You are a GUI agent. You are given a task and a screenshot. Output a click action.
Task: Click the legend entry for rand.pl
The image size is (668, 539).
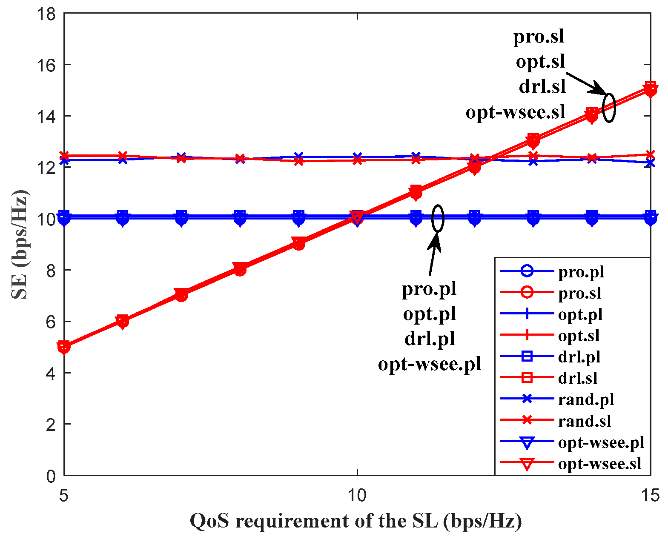pyautogui.click(x=586, y=399)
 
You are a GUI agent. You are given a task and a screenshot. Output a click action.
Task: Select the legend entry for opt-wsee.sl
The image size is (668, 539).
pyautogui.click(x=599, y=463)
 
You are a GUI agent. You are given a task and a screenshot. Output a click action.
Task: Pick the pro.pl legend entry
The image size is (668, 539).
pyautogui.click(x=581, y=272)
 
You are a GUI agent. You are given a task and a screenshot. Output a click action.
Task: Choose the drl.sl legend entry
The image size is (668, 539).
pyautogui.click(x=577, y=378)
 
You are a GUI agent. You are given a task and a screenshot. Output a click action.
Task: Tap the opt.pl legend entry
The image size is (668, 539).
pyautogui.click(x=580, y=314)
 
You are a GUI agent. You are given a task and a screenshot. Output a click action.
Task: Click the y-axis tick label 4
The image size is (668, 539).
pyautogui.click(x=51, y=373)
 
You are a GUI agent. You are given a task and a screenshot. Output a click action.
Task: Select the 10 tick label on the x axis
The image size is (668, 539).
pyautogui.click(x=357, y=495)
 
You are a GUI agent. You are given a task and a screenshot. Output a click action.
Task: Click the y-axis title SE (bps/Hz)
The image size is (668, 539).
pyautogui.click(x=20, y=245)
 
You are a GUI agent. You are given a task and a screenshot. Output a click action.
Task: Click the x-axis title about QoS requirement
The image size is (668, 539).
pyautogui.click(x=356, y=521)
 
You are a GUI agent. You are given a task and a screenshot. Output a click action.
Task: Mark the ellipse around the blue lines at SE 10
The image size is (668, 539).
pyautogui.click(x=438, y=218)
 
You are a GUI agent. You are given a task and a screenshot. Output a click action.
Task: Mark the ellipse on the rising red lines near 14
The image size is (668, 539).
pyautogui.click(x=609, y=108)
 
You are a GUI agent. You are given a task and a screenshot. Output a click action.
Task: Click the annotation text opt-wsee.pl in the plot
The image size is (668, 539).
pyautogui.click(x=429, y=364)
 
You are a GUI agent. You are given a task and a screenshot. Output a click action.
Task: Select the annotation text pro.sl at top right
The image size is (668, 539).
pyautogui.click(x=539, y=37)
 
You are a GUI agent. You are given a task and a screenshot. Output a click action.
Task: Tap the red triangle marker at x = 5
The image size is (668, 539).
pyautogui.click(x=64, y=347)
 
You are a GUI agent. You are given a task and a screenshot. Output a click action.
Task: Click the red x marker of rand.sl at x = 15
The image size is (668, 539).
pyautogui.click(x=650, y=154)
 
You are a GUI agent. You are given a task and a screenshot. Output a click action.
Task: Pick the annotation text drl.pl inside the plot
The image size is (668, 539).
pyautogui.click(x=429, y=339)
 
